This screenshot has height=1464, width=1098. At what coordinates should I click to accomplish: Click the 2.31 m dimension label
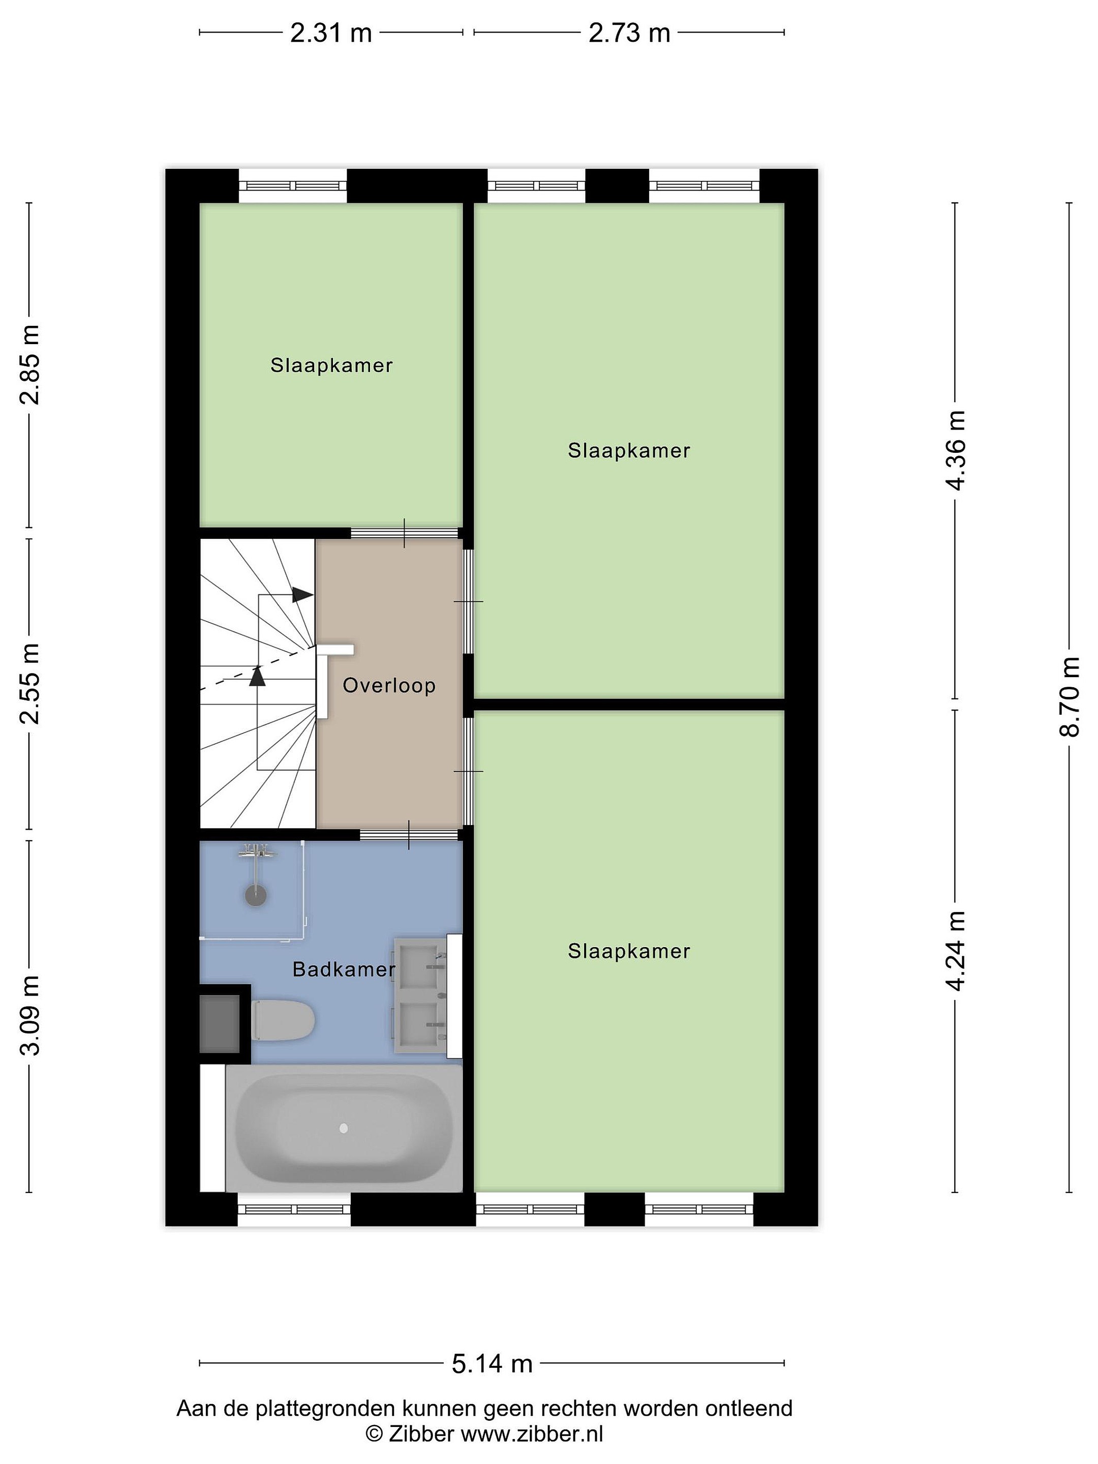(331, 33)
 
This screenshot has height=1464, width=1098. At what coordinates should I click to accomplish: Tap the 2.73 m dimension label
(629, 33)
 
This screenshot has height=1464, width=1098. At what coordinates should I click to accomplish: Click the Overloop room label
(389, 685)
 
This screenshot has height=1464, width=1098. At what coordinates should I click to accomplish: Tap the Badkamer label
(344, 969)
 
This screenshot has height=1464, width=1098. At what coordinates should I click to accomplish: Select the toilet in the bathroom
(283, 1020)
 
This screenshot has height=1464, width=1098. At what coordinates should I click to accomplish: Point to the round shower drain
(256, 896)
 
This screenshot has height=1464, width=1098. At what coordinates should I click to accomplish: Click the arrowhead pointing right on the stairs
(303, 594)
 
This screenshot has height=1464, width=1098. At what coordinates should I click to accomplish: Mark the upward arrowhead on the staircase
(257, 675)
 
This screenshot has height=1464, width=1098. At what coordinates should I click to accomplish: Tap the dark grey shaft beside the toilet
(220, 1024)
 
